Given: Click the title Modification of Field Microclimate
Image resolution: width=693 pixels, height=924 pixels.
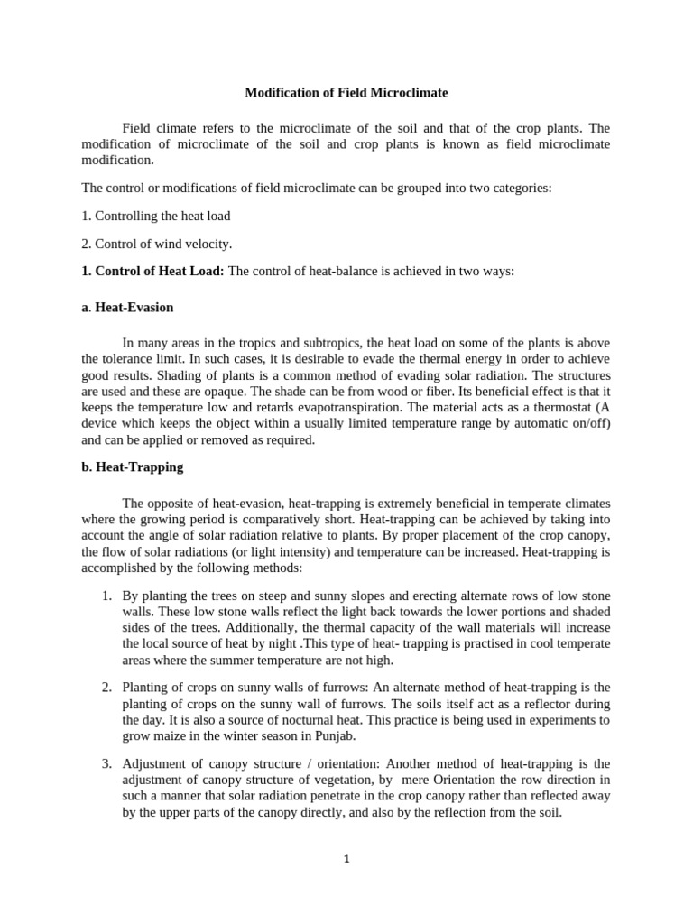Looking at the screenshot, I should [x=346, y=93].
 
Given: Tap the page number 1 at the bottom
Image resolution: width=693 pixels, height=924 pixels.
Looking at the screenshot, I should [x=346, y=859].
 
